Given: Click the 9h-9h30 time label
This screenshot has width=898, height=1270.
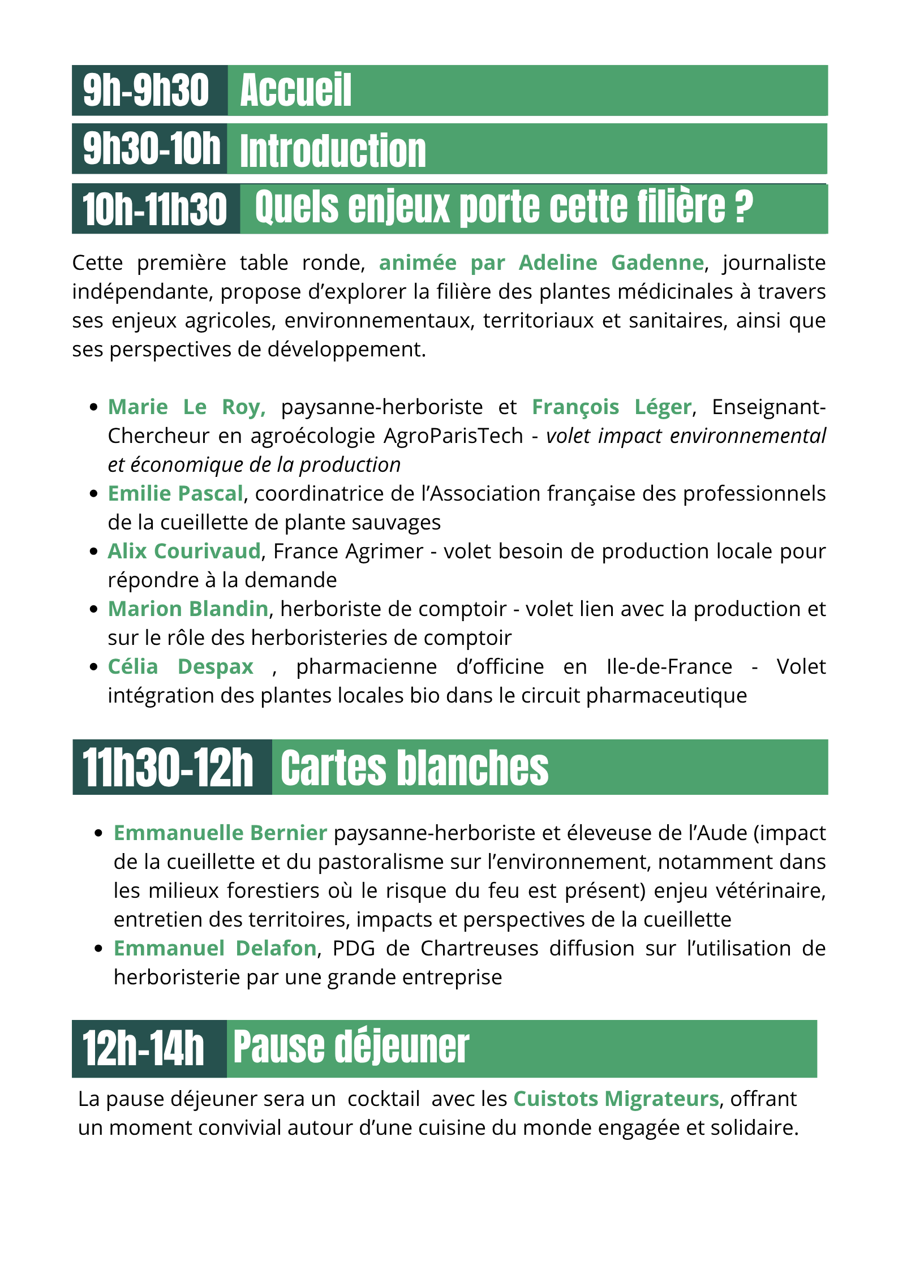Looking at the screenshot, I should point(146,91).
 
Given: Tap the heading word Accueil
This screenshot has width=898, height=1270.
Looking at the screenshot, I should point(295,91).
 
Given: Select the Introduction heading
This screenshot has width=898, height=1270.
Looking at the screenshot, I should point(333,151).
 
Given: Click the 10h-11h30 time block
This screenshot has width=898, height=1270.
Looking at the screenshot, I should point(155,209).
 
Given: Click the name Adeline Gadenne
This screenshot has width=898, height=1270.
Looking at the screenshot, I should point(611,263).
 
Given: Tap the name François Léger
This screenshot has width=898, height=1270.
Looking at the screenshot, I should point(611,407).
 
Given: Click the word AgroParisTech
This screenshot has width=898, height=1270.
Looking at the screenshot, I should point(453,436).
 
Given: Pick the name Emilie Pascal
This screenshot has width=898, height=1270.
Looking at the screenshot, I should point(175,494).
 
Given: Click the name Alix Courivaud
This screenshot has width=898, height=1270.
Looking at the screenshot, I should point(184,552).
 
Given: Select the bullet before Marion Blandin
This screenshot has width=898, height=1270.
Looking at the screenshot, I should point(94,610).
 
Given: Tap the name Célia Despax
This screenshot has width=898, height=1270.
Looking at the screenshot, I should point(180,667).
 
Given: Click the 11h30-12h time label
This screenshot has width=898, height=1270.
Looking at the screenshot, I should point(168,768).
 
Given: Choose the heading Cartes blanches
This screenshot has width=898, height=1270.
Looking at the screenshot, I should point(414,768).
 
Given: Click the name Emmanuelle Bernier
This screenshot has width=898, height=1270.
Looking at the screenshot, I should point(220,833).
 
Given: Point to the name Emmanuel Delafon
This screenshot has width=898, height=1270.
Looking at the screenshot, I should point(214,949).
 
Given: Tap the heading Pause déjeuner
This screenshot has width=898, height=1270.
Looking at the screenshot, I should point(351,1047).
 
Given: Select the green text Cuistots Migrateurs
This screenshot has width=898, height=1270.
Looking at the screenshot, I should point(616,1099).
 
